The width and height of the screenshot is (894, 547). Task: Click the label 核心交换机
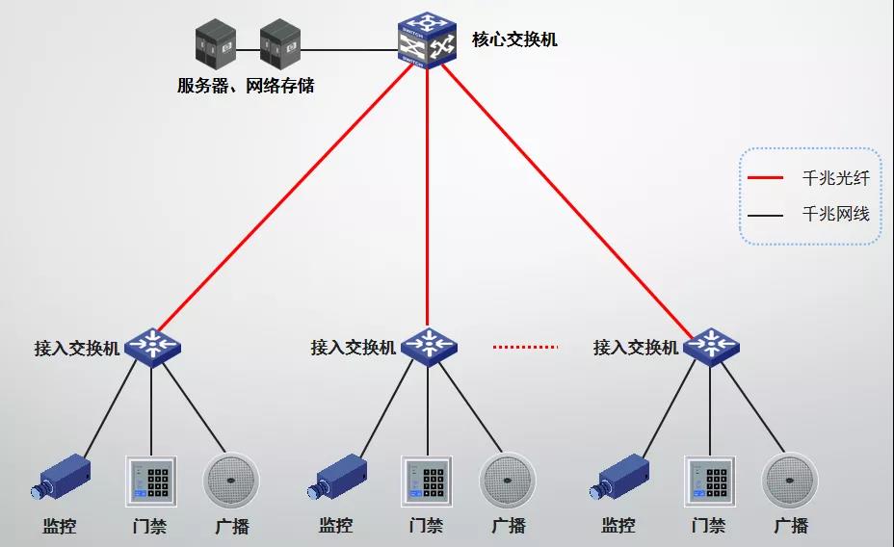[514, 40]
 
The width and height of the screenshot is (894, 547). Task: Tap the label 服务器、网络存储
[246, 86]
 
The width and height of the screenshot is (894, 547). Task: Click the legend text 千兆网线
[835, 214]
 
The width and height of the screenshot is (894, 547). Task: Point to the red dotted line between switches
[525, 346]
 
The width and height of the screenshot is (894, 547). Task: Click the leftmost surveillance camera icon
[64, 478]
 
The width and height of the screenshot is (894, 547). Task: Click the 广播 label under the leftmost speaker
[231, 527]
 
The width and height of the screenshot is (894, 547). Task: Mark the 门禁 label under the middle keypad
[426, 527]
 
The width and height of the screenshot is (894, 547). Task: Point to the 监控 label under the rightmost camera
[618, 527]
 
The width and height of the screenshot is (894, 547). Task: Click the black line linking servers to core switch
[347, 48]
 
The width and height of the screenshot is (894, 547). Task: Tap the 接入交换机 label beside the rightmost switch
[636, 348]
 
